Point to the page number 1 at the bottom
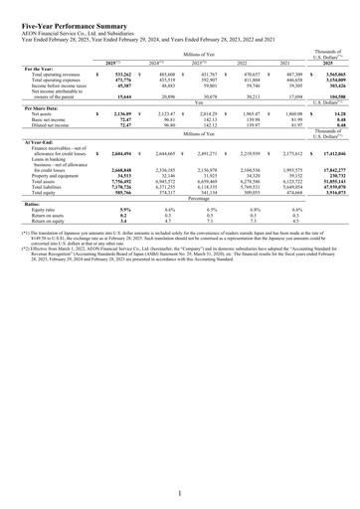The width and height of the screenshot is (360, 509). (x=180, y=492)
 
